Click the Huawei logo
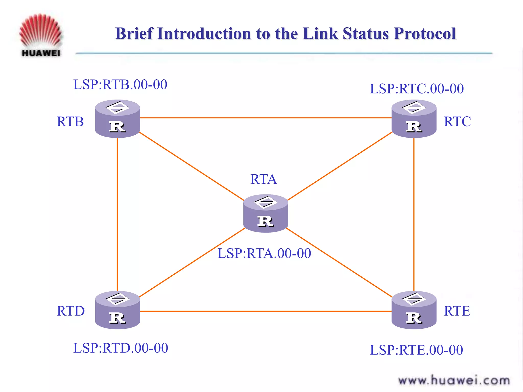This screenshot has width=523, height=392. click(41, 35)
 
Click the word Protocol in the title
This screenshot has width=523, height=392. click(425, 33)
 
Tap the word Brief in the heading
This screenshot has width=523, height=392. click(134, 33)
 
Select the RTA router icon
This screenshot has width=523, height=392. click(266, 214)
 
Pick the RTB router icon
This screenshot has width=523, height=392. click(117, 119)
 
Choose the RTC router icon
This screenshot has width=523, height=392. click(414, 119)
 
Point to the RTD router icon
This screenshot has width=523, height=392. click(117, 310)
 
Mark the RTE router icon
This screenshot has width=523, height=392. click(414, 310)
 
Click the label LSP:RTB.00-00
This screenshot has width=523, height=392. click(120, 84)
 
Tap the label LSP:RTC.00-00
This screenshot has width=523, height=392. click(417, 89)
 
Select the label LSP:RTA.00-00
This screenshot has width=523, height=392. click(264, 253)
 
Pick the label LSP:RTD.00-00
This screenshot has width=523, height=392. click(121, 348)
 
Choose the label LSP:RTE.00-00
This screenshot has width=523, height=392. click(416, 350)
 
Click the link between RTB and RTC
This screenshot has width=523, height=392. click(266, 118)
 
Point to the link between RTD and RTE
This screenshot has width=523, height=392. click(266, 311)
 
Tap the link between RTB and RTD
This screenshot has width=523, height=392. click(117, 214)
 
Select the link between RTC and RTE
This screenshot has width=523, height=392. click(414, 214)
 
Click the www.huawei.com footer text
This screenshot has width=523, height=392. click(454, 381)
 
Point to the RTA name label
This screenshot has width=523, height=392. click(264, 179)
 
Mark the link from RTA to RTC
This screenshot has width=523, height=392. click(340, 166)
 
